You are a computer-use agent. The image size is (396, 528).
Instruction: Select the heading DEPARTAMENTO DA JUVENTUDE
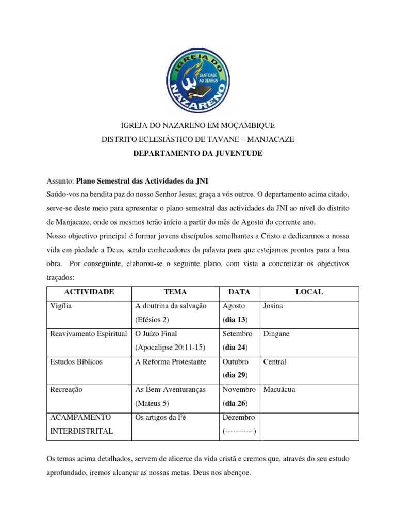point(198,154)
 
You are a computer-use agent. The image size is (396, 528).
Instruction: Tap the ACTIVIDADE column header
point(89,292)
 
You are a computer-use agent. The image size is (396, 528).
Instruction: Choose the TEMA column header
point(175,292)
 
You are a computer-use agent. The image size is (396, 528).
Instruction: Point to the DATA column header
point(239,292)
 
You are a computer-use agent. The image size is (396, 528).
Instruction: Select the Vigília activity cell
point(61,306)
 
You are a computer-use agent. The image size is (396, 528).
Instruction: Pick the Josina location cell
point(274,306)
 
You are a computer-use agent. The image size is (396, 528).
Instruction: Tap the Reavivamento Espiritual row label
point(88,334)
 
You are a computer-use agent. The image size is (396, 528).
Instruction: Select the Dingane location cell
point(276,334)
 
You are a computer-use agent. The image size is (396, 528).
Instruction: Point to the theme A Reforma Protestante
point(171,361)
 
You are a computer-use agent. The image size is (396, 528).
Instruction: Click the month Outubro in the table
point(236,361)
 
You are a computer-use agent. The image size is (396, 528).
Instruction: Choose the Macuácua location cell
point(279,389)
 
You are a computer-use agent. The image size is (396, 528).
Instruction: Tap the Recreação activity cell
point(65,389)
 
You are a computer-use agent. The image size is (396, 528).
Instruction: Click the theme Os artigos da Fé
point(160,417)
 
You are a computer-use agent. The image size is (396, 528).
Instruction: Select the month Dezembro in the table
point(238,417)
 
